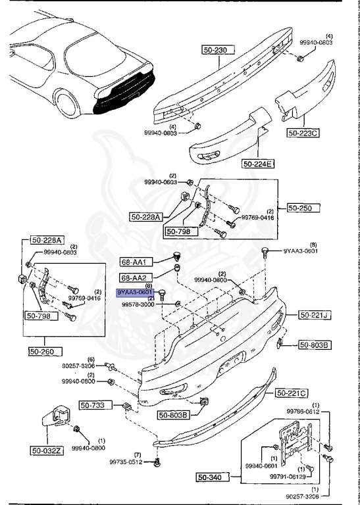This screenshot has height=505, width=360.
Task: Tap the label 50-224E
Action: click(x=258, y=163)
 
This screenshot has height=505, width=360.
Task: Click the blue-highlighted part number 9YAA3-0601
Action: click(x=135, y=292)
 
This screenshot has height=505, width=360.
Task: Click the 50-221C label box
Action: click(x=291, y=393)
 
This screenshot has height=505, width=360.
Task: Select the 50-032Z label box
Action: click(x=45, y=450)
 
